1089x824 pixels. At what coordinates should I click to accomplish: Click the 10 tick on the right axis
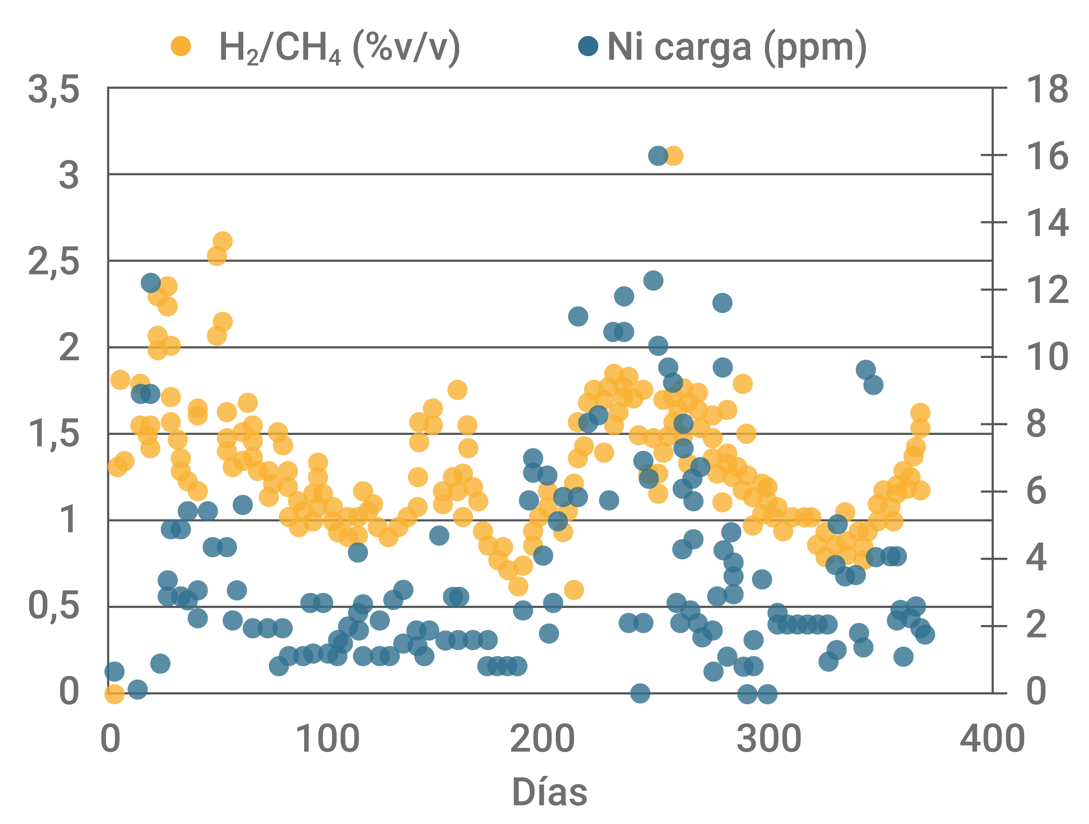click(x=1047, y=357)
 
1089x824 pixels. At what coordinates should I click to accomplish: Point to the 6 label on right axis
click(x=1036, y=491)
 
